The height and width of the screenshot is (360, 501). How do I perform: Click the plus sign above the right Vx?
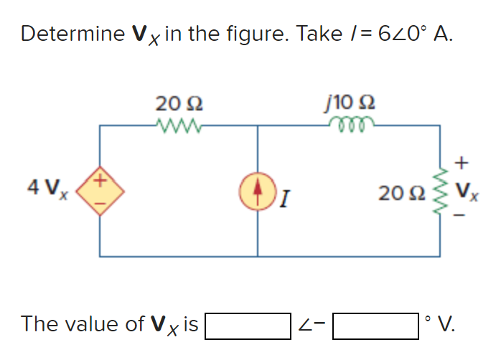tap(463, 163)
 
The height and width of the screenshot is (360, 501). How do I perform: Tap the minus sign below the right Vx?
tap(463, 216)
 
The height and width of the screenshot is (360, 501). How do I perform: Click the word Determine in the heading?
tap(63, 34)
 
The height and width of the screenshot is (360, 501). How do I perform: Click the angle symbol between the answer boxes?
tap(306, 326)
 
